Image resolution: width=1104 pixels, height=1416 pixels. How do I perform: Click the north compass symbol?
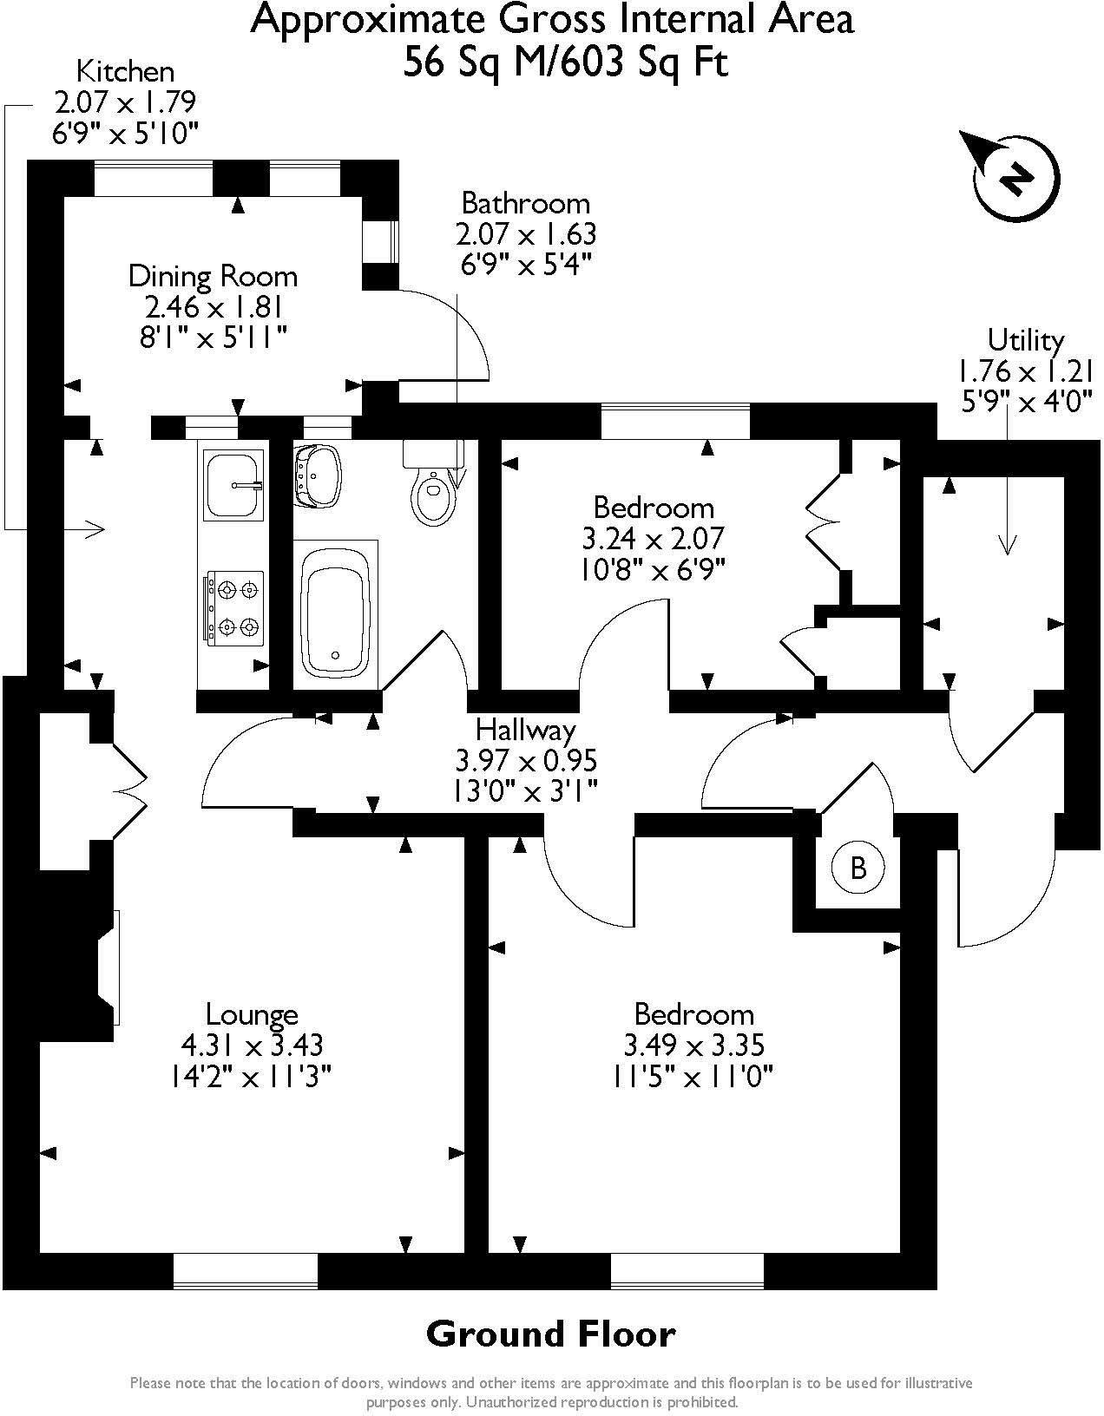tap(1015, 178)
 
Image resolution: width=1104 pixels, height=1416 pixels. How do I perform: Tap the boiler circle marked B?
tap(858, 867)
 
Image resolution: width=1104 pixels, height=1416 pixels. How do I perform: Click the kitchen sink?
tap(233, 484)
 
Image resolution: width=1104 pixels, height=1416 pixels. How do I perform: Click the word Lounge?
tap(252, 1014)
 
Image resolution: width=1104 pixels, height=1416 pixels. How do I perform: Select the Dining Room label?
tap(213, 277)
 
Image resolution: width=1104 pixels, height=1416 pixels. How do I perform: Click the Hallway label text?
tap(526, 730)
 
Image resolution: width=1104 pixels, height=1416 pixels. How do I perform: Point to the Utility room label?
tap(1026, 339)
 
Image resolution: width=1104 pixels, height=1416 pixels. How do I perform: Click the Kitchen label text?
tap(125, 71)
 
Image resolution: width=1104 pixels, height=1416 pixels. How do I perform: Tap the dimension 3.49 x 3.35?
tap(693, 1045)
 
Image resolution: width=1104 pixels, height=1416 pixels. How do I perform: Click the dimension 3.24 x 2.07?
tap(653, 539)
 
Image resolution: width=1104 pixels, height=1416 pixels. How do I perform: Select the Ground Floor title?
tap(550, 1334)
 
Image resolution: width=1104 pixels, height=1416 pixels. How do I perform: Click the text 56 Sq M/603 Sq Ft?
tap(565, 62)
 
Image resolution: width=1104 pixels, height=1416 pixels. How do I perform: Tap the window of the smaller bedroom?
tap(675, 421)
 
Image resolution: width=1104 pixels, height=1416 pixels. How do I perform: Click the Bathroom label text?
tap(525, 204)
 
